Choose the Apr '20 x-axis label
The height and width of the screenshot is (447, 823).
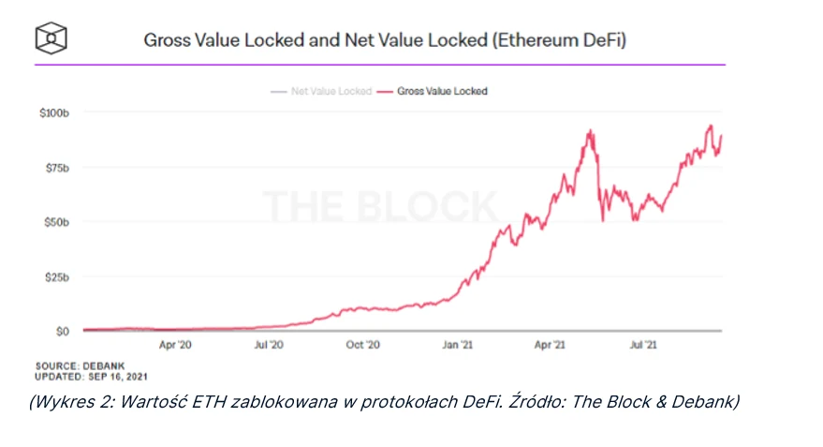(x=176, y=345)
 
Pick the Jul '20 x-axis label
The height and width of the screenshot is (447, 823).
(x=269, y=345)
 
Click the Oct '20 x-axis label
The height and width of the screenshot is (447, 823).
(x=362, y=345)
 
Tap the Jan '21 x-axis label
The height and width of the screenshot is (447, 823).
(x=457, y=345)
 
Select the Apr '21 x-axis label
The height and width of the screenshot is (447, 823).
(x=550, y=345)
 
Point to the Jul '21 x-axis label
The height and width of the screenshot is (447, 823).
(x=642, y=345)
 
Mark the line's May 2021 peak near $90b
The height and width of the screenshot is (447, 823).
(x=590, y=131)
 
